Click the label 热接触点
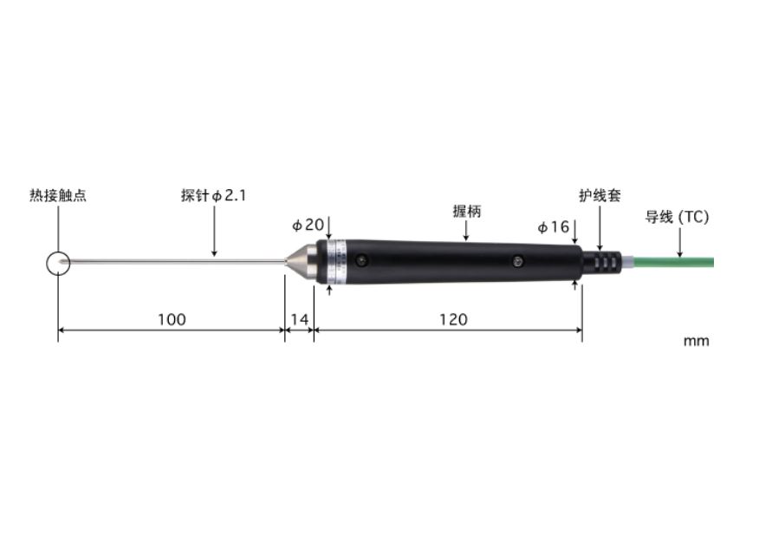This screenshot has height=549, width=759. (58, 196)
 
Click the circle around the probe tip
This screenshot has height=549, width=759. (58, 263)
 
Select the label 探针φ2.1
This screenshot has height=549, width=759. (213, 196)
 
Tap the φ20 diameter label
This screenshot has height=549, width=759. (308, 225)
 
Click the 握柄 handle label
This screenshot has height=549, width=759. (467, 212)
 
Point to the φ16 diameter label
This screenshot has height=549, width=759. (553, 227)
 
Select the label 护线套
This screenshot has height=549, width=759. (600, 196)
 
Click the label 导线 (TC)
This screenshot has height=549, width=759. (677, 217)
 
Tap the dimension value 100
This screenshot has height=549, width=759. (172, 320)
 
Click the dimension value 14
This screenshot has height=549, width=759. (299, 320)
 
